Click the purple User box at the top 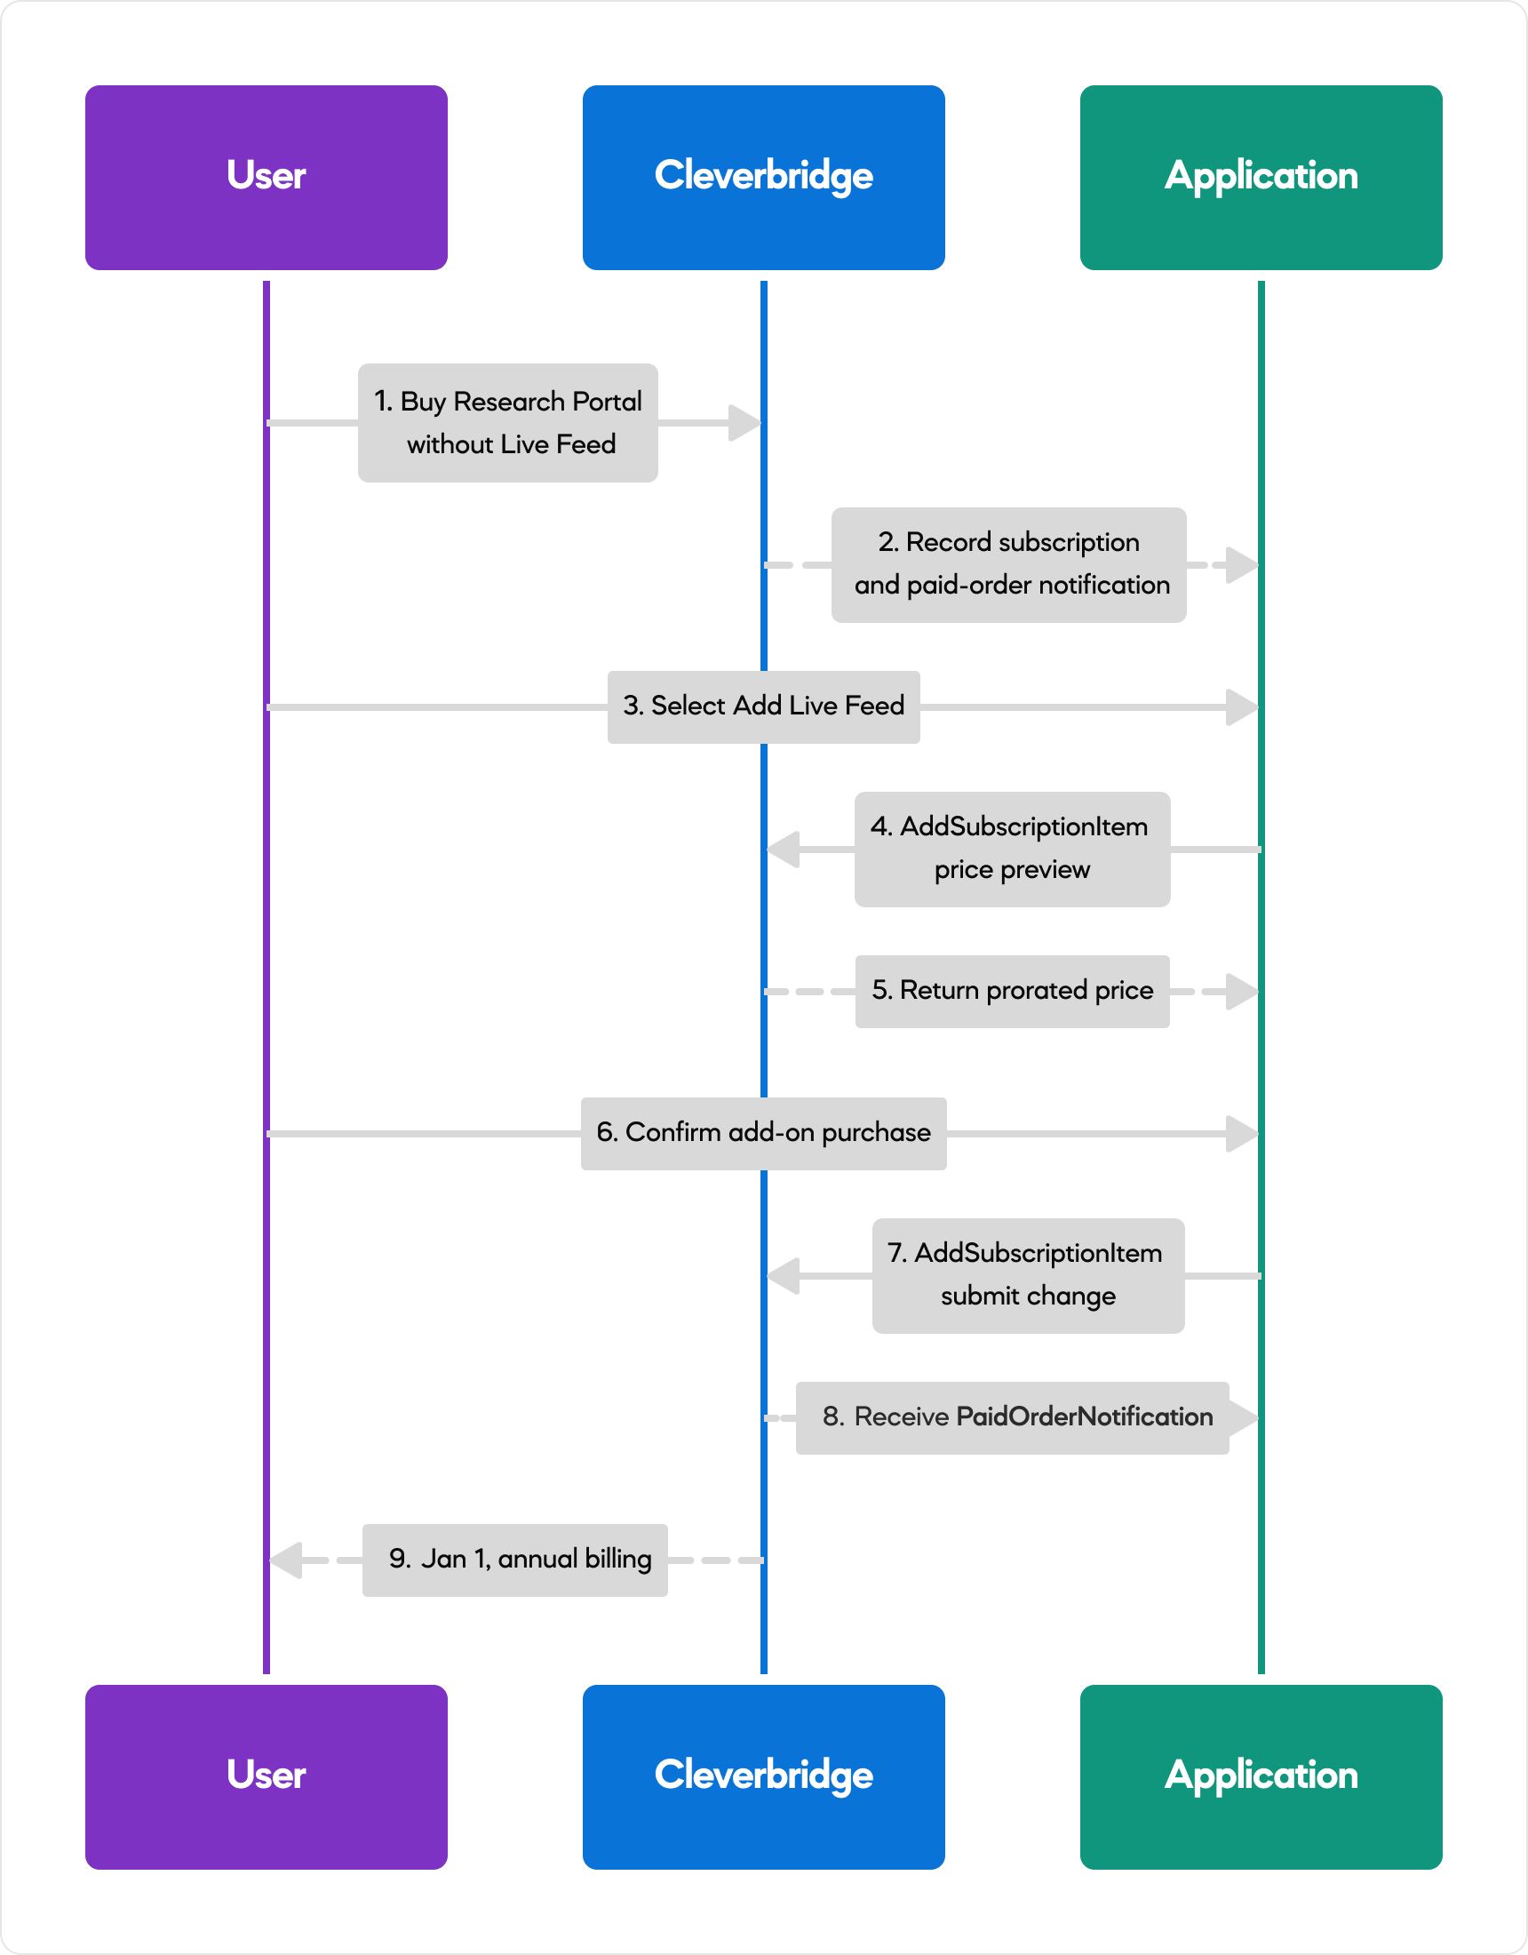(x=266, y=177)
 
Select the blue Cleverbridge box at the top (x=763, y=177)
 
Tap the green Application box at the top (x=1261, y=177)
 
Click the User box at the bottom (x=266, y=1777)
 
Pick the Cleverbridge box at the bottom (x=763, y=1777)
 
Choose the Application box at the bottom (x=1261, y=1777)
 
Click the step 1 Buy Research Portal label (x=507, y=422)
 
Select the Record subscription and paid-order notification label (x=1009, y=565)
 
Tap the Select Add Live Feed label (x=763, y=706)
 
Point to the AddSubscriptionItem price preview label (x=1013, y=849)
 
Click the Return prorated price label (x=1013, y=991)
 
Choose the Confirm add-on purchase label (x=763, y=1133)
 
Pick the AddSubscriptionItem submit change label (x=1029, y=1275)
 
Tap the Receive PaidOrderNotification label (x=1013, y=1418)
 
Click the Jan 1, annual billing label (x=514, y=1560)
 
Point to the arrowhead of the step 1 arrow (x=744, y=423)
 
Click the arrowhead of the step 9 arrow (x=286, y=1560)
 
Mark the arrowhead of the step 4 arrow (x=784, y=850)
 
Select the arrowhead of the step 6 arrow (x=1243, y=1134)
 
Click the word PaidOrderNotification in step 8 (x=1085, y=1417)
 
